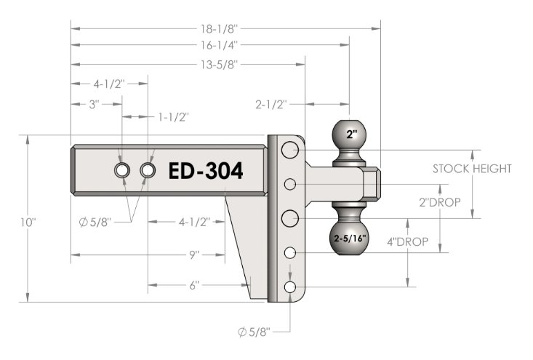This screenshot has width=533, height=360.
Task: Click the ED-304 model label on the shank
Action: coord(206,171)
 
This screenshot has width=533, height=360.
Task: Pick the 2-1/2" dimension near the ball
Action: coord(273,104)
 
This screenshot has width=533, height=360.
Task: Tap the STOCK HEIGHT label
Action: coord(472,169)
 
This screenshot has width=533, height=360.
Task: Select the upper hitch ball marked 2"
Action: coord(351,135)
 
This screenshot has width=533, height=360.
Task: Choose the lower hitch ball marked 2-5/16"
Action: coord(350,237)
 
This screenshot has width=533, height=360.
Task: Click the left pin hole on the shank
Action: coord(122,170)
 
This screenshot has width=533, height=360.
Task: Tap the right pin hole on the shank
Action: coord(148,170)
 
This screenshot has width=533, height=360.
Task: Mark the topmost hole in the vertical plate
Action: coord(290,151)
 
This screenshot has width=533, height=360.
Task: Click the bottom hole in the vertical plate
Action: coord(290,288)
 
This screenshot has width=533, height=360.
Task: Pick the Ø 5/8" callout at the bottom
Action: coord(254,332)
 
